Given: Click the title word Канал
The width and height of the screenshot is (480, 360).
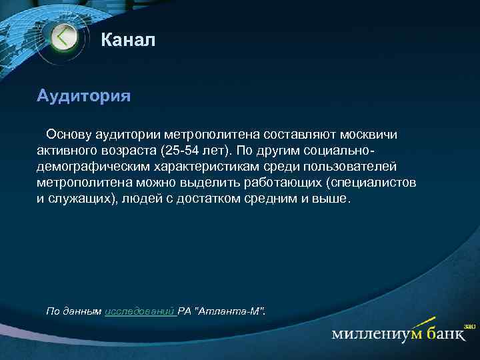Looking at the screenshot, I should (x=128, y=41).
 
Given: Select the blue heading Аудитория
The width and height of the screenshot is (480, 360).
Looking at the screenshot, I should (x=83, y=95).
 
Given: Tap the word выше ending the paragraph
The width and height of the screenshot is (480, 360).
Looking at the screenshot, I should (x=329, y=199).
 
